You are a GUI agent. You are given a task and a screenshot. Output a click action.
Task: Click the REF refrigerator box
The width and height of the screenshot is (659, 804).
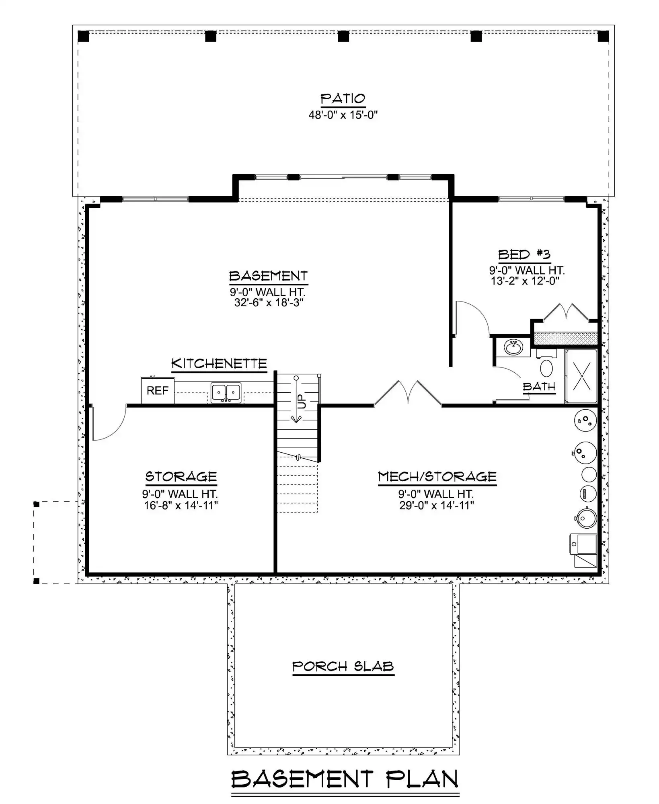[158, 390]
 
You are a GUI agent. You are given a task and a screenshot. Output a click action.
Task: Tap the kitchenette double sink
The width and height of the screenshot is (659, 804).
[226, 393]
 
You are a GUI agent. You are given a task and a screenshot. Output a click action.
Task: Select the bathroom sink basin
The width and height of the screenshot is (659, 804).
[513, 347]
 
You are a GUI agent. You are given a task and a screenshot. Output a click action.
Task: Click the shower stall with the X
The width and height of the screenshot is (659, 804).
[581, 376]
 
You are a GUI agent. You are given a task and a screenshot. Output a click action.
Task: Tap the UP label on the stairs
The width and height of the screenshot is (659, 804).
[302, 401]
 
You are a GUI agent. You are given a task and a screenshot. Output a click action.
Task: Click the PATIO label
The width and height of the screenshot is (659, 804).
[343, 98]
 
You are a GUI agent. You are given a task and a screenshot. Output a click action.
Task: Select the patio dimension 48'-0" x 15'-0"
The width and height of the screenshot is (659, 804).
[343, 115]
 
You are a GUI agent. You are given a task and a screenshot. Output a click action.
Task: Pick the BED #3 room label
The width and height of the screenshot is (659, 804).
[524, 254]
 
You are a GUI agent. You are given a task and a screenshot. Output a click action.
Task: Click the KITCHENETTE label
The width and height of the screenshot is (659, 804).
[219, 364]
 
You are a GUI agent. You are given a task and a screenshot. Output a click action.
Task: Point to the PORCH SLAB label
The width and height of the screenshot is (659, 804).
[343, 667]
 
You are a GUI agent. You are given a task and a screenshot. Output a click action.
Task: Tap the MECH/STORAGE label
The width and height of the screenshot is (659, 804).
[437, 477]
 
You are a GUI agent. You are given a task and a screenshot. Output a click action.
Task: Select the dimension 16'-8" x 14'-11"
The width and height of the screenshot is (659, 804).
[181, 505]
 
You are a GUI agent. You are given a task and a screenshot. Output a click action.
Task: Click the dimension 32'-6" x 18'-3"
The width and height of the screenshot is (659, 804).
[269, 302]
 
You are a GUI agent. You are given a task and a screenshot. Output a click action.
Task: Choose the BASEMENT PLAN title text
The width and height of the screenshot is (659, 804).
[345, 779]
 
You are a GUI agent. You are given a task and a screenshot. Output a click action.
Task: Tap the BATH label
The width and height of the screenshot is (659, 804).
[539, 387]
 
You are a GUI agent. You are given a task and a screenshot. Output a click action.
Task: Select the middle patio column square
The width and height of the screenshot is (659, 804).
[343, 36]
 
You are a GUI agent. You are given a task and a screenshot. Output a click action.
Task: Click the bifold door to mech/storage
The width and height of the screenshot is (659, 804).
[408, 393]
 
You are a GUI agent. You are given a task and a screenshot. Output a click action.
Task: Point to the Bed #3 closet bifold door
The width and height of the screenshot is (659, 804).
[566, 312]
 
